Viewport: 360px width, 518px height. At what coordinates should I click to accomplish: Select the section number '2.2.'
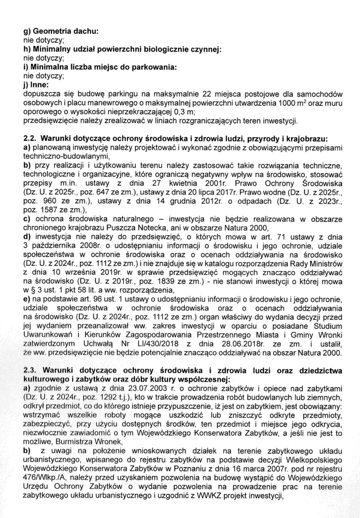click(x=31, y=138)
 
